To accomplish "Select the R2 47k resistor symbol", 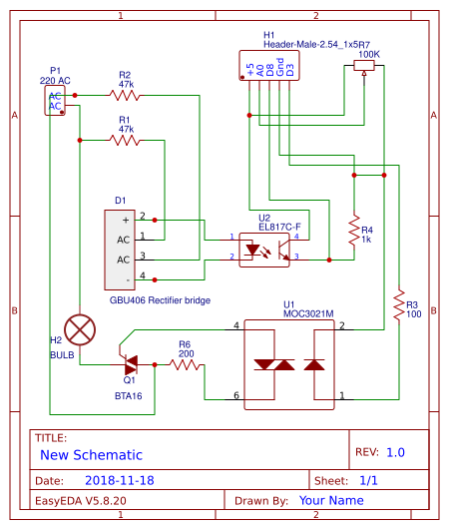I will (126, 96).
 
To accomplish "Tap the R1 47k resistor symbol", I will (126, 141).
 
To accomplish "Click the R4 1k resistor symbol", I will (352, 230).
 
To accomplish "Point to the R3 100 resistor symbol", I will (398, 303).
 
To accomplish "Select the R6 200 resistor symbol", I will (187, 365).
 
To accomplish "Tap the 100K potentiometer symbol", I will (364, 66).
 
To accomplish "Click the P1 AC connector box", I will (55, 101).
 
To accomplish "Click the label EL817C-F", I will (278, 226).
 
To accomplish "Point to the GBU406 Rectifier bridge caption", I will (160, 299).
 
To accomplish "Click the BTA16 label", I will (129, 395).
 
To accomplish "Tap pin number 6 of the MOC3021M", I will (236, 396).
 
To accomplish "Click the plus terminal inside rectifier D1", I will (125, 219).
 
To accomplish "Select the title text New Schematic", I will (91, 454).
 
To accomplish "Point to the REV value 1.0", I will (395, 452).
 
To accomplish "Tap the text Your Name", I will (332, 500).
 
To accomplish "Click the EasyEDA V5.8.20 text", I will (81, 500).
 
